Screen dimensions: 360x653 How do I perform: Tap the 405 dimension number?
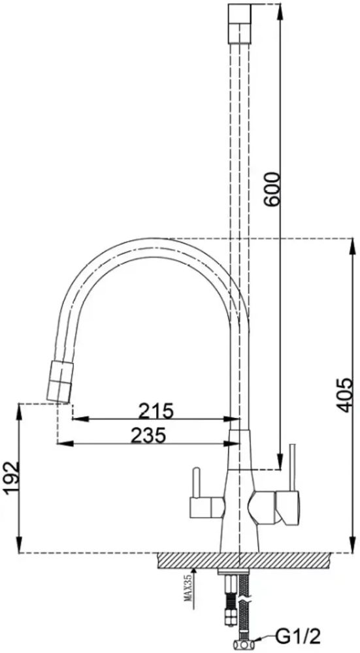coord(346,395)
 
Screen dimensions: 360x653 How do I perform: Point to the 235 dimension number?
coord(149,436)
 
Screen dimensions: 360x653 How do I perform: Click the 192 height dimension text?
coord(12,478)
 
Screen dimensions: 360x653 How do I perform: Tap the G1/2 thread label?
coord(299,636)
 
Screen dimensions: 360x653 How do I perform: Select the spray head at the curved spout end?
coord(60,382)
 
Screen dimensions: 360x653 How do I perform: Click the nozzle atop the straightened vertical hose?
coord(240,24)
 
